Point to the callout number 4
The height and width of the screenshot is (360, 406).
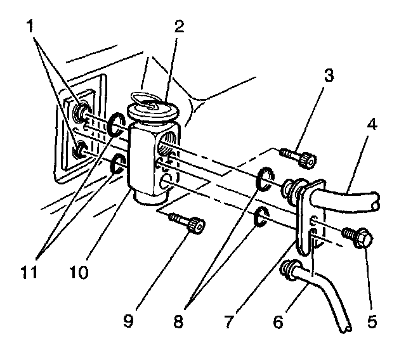(x=372, y=125)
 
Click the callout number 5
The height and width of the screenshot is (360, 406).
(x=371, y=321)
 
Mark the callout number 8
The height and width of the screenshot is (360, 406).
(x=178, y=321)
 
